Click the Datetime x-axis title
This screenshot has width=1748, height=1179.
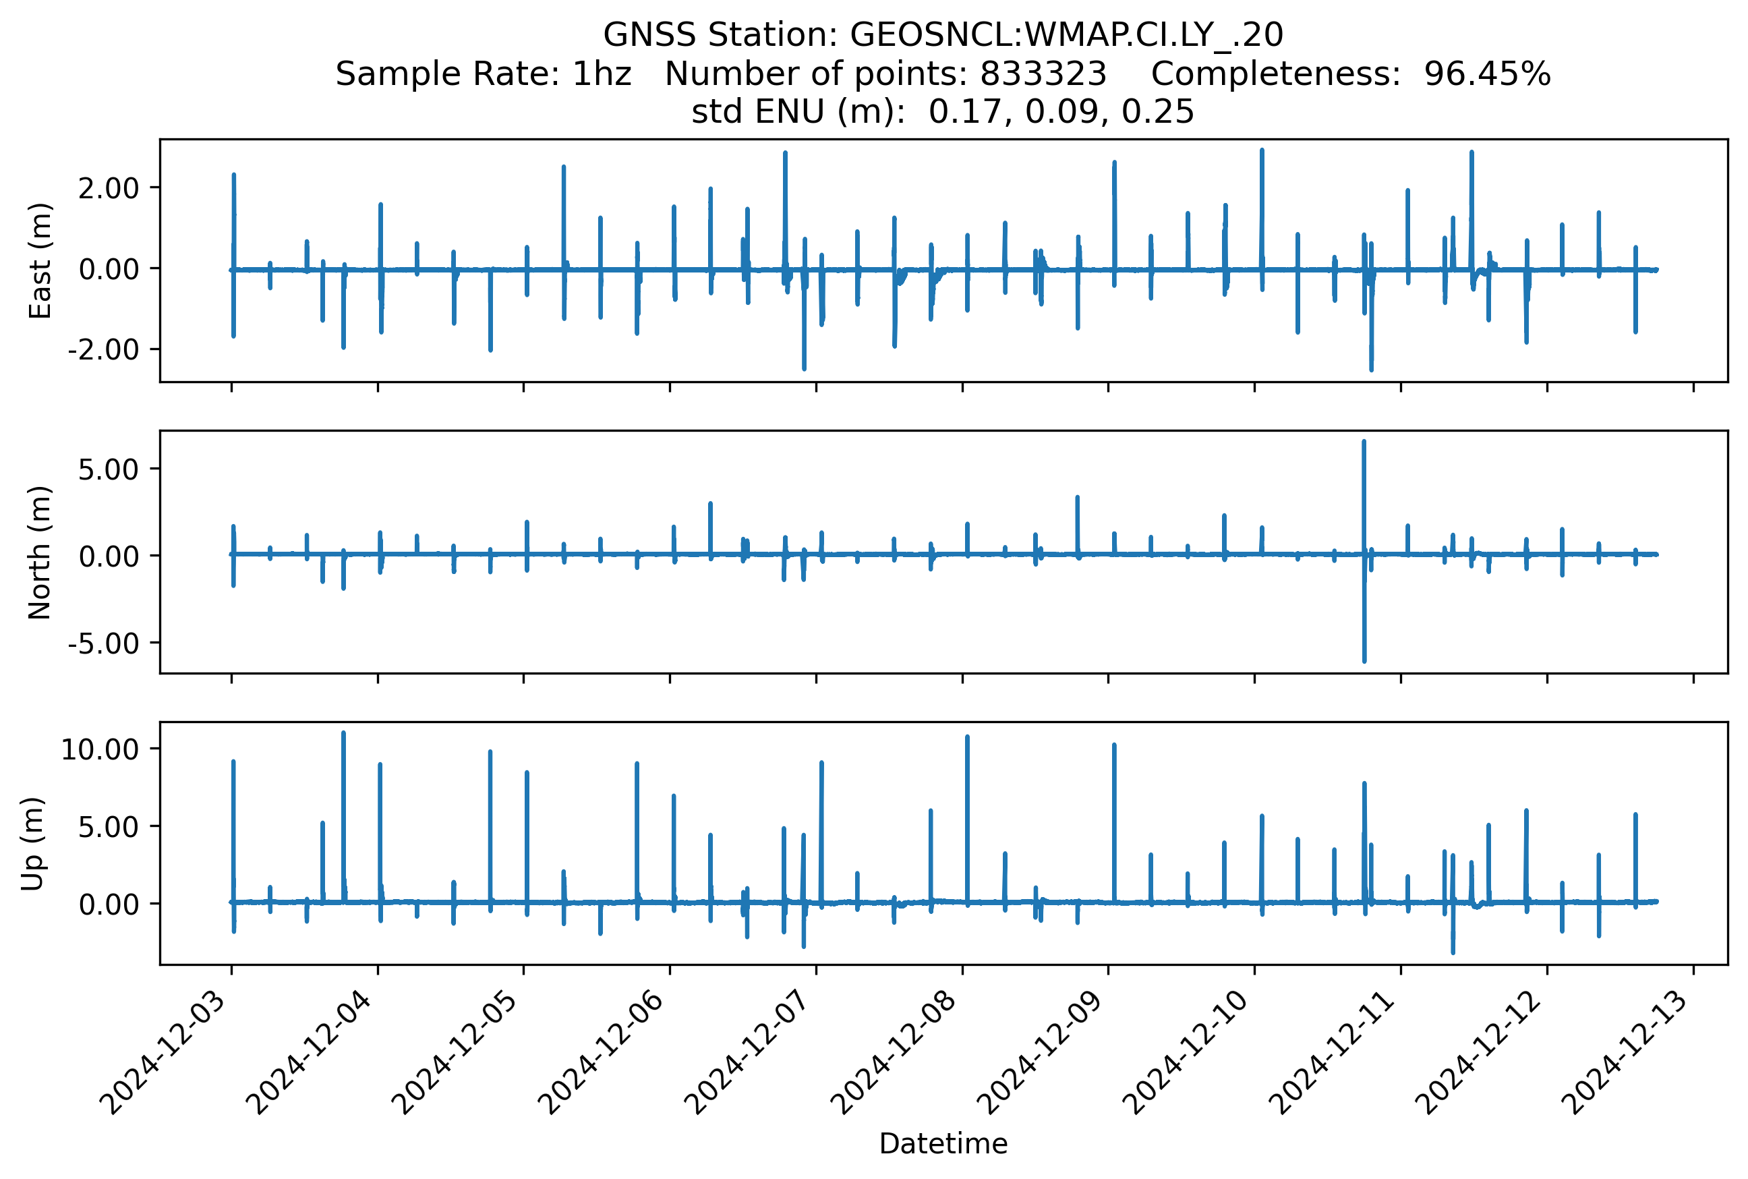[x=943, y=1144]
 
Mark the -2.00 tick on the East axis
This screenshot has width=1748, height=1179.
[x=103, y=349]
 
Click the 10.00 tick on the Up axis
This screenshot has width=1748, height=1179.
[x=100, y=749]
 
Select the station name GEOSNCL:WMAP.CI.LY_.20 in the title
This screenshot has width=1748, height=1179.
[x=1066, y=34]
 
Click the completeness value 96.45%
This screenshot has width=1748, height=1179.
[x=1486, y=74]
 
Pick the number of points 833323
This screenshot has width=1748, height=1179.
[x=1043, y=74]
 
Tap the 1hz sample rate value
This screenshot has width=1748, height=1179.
[x=602, y=74]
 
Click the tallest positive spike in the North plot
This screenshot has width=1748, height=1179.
[x=1364, y=444]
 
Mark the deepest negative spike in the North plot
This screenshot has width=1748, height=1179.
[x=1364, y=660]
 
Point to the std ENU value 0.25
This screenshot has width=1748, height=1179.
[x=1158, y=112]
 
